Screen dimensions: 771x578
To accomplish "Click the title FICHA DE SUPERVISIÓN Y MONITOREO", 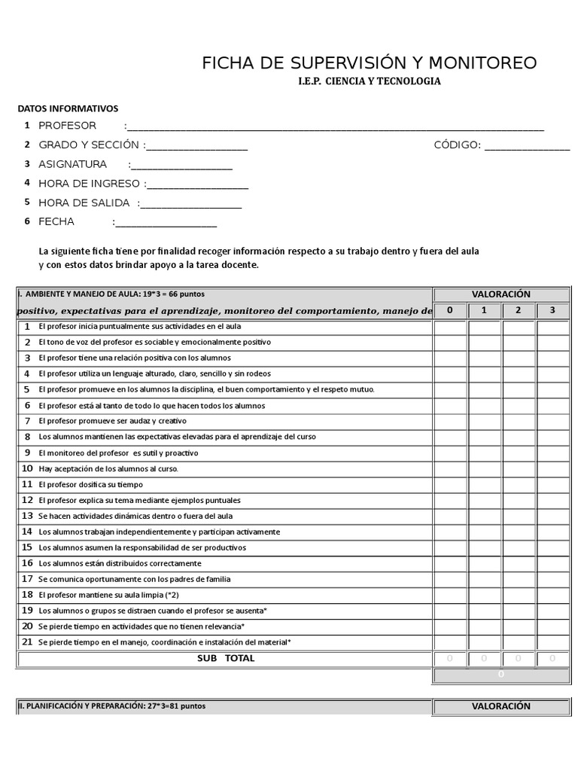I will [369, 63].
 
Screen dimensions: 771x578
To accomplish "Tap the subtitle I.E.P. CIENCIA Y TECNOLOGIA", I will [369, 81].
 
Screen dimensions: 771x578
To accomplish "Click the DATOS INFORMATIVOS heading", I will [68, 108].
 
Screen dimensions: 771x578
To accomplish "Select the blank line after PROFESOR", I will [335, 126].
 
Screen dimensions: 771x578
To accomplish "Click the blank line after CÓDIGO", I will [527, 145].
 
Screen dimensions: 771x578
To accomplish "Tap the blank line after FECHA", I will [166, 222].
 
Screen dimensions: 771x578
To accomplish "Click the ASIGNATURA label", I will [72, 164].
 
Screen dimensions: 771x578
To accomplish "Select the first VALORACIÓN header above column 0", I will [500, 294].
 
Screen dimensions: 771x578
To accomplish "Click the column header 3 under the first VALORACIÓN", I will [552, 310].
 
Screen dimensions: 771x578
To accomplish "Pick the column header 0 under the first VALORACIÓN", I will [450, 310].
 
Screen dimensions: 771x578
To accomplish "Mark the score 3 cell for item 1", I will [552, 327].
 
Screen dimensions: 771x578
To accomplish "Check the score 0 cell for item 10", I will [450, 468].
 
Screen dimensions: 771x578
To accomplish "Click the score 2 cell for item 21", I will [519, 642].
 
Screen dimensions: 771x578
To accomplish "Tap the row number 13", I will [27, 516].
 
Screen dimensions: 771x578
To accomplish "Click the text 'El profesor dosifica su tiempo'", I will [90, 485].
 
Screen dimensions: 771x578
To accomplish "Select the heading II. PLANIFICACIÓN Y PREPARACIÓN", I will [111, 706].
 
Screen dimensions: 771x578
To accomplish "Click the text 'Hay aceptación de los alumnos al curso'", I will [108, 468].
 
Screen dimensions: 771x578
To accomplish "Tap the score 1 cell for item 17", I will [484, 579].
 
